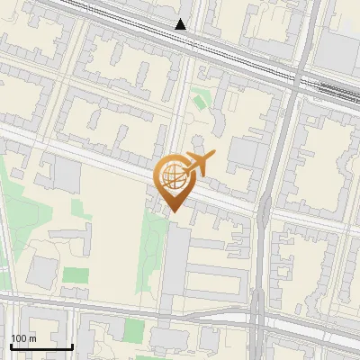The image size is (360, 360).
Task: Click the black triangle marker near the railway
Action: (182, 24)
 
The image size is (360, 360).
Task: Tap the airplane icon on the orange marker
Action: (201, 163)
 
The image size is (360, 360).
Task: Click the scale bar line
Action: (40, 346)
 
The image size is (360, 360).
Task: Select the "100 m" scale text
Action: (23, 338)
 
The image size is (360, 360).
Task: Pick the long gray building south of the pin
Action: (176, 261)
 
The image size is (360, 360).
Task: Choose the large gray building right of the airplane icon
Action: (241, 153)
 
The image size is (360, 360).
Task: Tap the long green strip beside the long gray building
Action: (151, 256)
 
